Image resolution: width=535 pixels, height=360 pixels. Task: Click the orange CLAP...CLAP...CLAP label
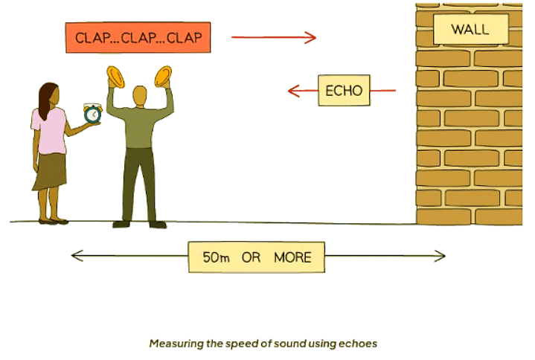(138, 38)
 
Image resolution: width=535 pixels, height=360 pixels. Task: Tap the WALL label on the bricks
(470, 30)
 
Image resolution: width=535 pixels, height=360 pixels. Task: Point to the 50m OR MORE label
(257, 257)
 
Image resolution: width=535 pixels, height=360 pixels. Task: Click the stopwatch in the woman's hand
(92, 113)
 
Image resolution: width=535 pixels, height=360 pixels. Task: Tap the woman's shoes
(52, 220)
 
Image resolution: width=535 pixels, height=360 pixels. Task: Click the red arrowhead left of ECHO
(293, 91)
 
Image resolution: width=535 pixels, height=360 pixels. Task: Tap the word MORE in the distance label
(292, 257)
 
